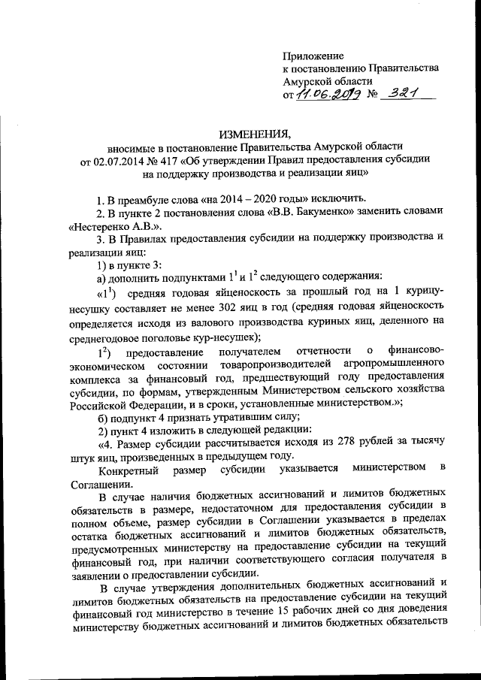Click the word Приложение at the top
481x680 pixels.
313,56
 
